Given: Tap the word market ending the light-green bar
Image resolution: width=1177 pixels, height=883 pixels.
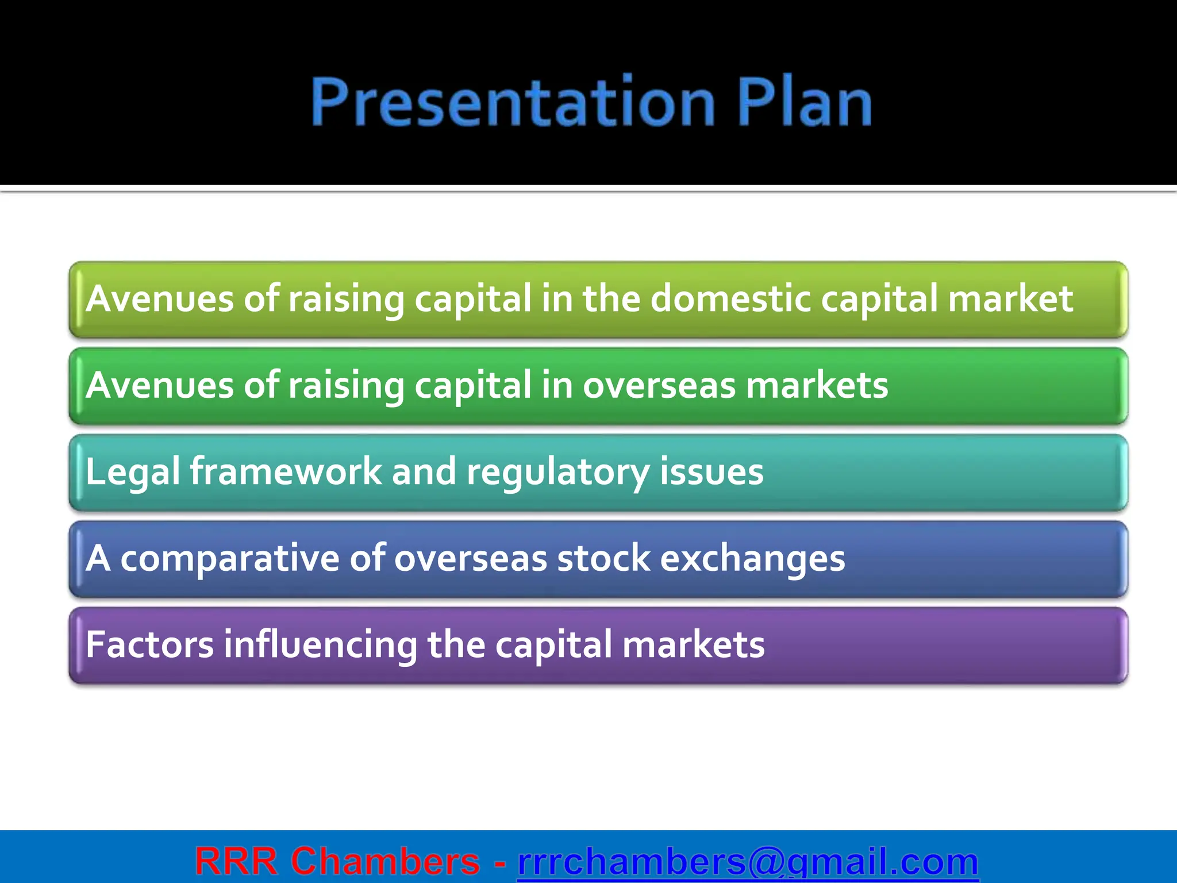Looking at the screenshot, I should pos(1010,299).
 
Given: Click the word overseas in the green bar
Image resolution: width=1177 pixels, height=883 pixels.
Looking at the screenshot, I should pos(659,386).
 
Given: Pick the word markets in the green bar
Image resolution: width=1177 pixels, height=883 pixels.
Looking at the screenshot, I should pos(817,386).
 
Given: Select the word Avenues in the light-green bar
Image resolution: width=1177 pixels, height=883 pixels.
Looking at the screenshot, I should pos(160,299).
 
